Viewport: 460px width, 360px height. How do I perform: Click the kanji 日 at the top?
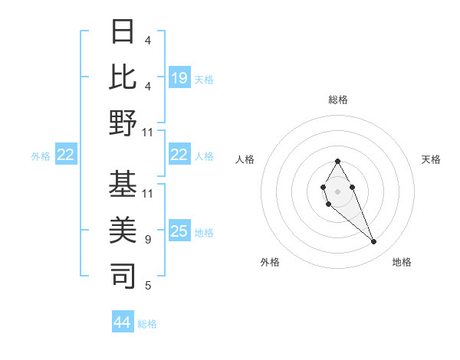point(123,33)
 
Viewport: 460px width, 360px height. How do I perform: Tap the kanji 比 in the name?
point(123,77)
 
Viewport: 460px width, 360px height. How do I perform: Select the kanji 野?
point(123,123)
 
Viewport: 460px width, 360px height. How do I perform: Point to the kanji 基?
point(123,184)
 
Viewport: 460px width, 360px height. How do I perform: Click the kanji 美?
point(123,230)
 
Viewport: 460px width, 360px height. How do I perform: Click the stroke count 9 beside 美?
point(147,240)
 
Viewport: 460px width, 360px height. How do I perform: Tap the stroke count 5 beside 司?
point(147,286)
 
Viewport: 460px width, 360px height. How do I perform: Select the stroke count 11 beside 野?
point(147,133)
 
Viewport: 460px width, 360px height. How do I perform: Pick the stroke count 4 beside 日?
point(147,41)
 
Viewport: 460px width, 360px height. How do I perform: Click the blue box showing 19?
point(179,77)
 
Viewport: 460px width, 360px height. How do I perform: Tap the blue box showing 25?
point(179,231)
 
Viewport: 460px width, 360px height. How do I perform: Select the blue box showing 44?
point(123,322)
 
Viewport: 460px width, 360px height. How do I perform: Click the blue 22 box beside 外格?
point(66,155)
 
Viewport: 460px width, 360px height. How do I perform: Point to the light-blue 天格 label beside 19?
point(204,79)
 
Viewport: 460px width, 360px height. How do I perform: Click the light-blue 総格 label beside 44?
point(147,324)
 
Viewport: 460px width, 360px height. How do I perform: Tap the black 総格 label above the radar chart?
point(338,100)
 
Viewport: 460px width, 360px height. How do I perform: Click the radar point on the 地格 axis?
point(373,242)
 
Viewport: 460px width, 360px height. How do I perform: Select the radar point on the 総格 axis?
point(337,161)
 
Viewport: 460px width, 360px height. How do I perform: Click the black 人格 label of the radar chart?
point(245,159)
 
